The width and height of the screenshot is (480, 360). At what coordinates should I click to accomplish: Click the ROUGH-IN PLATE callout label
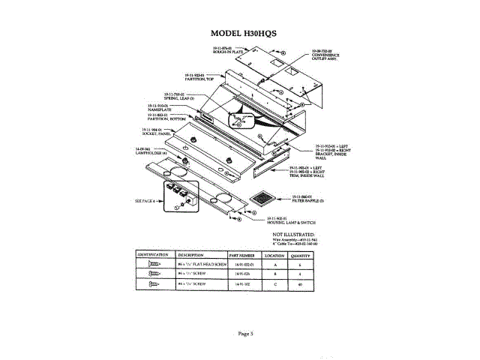point(226,49)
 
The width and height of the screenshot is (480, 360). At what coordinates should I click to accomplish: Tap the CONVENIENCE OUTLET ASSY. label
point(324,53)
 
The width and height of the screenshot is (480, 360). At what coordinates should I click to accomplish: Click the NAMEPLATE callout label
point(160,108)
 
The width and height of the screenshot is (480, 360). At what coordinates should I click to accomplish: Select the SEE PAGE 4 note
point(145,201)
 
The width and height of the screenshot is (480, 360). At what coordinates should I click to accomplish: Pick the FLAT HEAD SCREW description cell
point(200,265)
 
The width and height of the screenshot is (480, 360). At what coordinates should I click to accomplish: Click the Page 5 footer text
point(247,333)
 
